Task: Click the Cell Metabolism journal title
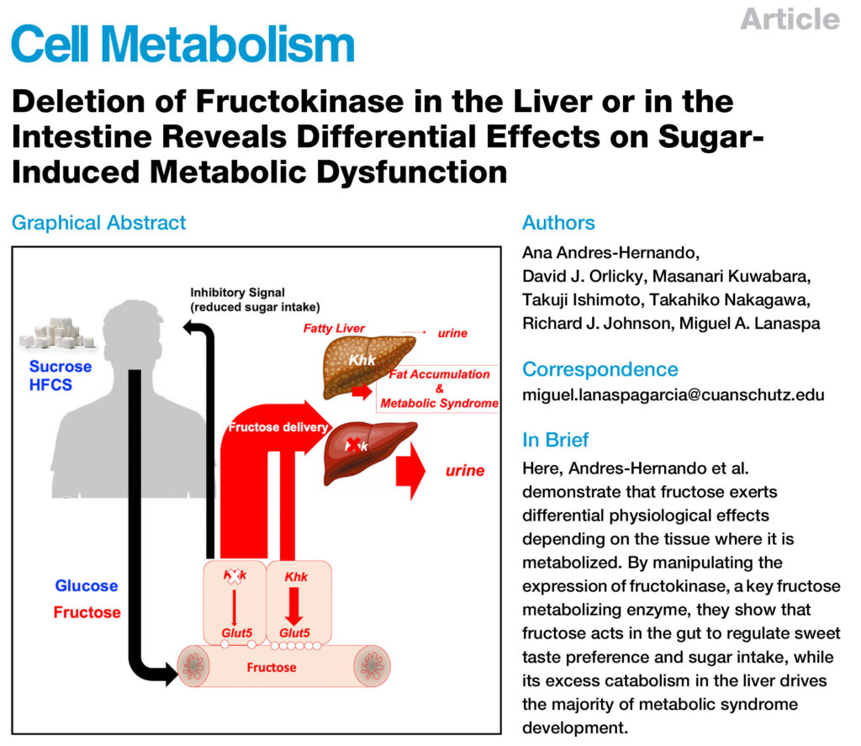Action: click(182, 45)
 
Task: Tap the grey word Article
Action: click(790, 19)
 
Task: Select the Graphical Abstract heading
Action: click(98, 223)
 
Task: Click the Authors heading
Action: click(558, 223)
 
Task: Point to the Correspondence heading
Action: click(600, 368)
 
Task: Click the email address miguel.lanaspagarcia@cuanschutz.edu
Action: click(673, 394)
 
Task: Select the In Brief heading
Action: click(555, 440)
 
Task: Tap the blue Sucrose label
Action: click(61, 367)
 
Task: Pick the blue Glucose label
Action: click(87, 586)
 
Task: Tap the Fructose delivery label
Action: click(277, 427)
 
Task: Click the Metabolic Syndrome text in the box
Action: click(439, 403)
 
